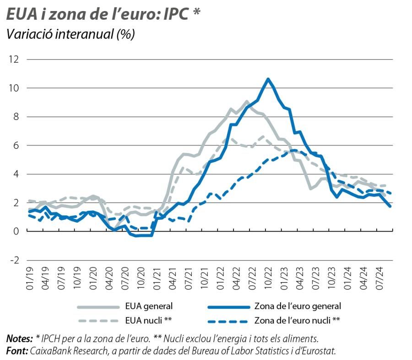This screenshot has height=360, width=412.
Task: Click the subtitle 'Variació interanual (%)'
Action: (x=70, y=35)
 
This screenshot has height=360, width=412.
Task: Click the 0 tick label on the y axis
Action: (x=16, y=231)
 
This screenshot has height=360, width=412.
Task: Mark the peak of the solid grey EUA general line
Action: (x=247, y=101)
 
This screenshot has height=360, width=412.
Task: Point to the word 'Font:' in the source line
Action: (x=17, y=350)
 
